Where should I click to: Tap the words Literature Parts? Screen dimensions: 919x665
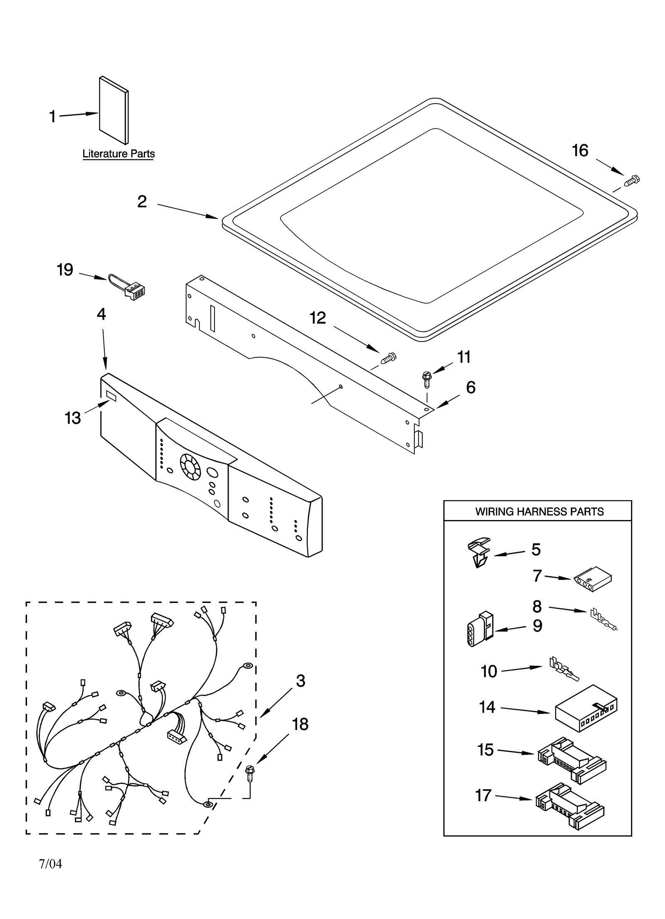[x=118, y=154]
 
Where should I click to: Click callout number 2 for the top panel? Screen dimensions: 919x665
[x=142, y=202]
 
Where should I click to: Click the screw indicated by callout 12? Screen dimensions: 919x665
[x=389, y=357]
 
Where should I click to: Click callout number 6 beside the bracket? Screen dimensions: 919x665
[x=470, y=387]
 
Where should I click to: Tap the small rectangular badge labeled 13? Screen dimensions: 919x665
[x=111, y=395]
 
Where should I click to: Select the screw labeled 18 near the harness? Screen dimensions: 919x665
[x=250, y=772]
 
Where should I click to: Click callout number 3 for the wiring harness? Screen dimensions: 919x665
[x=300, y=681]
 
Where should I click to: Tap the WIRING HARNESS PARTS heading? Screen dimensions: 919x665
[x=539, y=511]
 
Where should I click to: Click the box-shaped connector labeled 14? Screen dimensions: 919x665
[x=586, y=713]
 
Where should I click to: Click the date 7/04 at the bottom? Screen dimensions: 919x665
[x=50, y=865]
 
